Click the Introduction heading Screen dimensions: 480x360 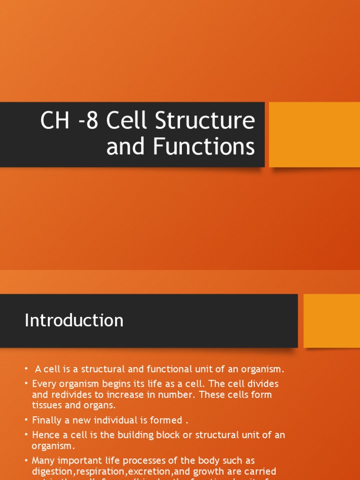[x=74, y=321]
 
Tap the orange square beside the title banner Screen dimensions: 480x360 [x=314, y=135]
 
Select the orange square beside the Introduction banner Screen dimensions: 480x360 [x=332, y=321]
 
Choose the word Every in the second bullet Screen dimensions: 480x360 [x=44, y=383]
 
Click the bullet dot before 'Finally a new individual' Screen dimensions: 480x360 [x=27, y=420]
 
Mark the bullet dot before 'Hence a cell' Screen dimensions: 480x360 [x=27, y=435]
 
